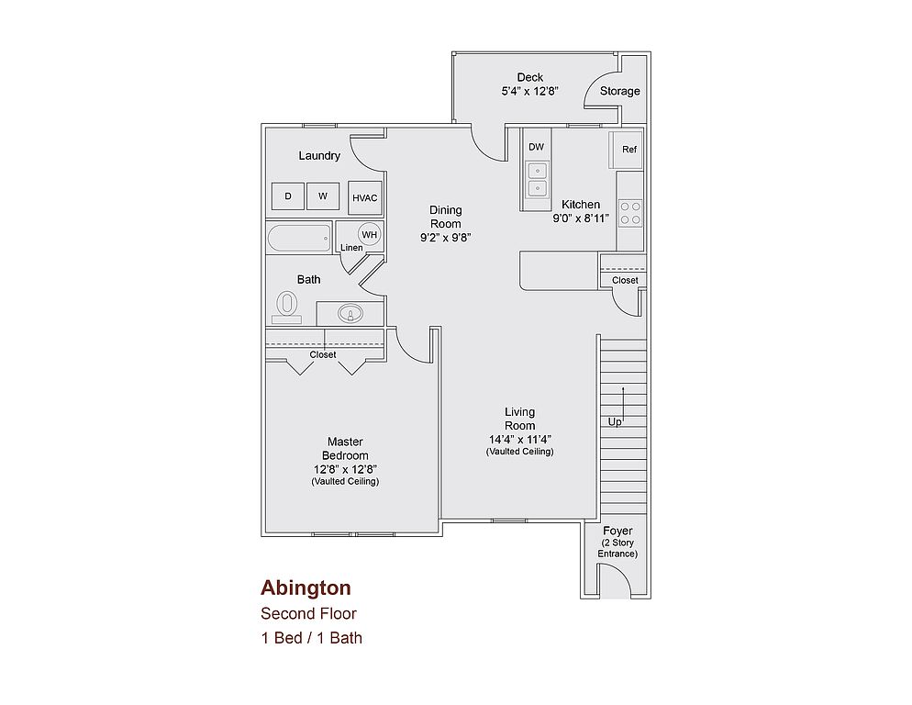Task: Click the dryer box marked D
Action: coord(288,196)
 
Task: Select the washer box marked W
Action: coord(323,196)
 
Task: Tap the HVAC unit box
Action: coord(364,198)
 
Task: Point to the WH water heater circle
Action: coord(370,235)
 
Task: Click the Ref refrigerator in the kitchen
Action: coord(625,150)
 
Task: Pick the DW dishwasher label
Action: coord(536,147)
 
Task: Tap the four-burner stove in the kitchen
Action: coord(630,212)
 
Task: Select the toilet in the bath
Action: coord(287,307)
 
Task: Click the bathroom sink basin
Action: coord(350,314)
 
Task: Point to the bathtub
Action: coord(299,238)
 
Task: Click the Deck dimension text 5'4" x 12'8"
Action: coord(530,92)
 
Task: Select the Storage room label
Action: coord(620,91)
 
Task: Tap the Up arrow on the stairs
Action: coord(623,405)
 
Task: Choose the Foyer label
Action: coord(617,531)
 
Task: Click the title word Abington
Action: coord(306,588)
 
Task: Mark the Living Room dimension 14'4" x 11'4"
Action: coord(520,440)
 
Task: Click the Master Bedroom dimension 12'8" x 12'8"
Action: coord(346,469)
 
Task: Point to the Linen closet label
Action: coord(351,248)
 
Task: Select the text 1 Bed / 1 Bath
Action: coord(312,638)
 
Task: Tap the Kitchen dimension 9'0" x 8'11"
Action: coord(581,218)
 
